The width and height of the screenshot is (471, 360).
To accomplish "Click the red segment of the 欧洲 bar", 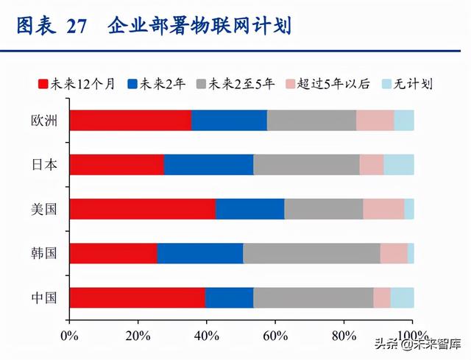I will coord(130,121).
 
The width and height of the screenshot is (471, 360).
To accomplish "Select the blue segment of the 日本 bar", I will coord(208,165).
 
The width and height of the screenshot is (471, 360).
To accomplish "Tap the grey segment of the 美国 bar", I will coord(323,209).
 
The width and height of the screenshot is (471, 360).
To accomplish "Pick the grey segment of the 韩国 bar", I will coord(311,253).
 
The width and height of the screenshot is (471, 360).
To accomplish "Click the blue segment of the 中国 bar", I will coord(229,297).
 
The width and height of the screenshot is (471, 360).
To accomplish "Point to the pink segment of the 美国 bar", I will coord(383,209).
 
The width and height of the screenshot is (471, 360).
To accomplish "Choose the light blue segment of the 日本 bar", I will coord(398,165).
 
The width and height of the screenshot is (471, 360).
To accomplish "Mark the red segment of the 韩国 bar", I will coord(113,253).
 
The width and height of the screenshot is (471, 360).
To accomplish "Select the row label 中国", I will coord(44,297).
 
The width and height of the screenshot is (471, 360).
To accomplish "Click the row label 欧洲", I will coord(44,121).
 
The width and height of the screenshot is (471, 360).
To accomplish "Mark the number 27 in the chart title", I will coord(76,27).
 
